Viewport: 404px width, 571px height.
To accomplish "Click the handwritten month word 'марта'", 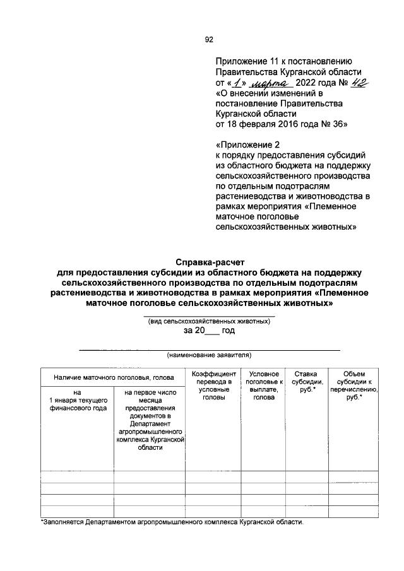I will (x=269, y=83).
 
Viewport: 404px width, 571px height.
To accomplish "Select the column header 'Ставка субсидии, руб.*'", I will (x=306, y=382).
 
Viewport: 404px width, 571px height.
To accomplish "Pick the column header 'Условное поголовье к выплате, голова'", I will (x=263, y=386).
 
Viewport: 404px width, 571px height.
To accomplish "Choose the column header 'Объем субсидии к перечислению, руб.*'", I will (x=353, y=386).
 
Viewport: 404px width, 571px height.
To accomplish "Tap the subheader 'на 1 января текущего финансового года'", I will (x=77, y=400).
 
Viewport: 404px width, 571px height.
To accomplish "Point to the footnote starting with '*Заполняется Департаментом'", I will (x=172, y=523).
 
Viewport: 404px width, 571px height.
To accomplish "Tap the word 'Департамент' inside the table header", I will (x=150, y=425).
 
